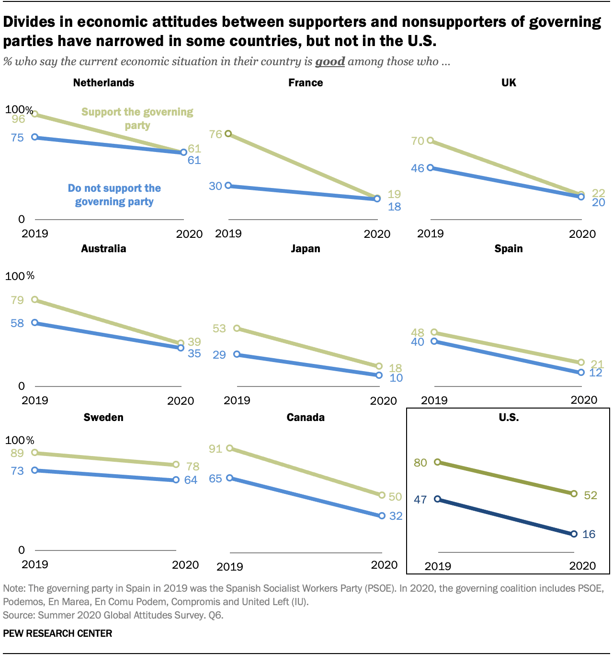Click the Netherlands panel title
[103, 82]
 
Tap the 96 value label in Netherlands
[18, 119]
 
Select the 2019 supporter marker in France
[228, 133]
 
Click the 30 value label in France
[216, 186]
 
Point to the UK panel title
[509, 82]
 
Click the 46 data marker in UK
[431, 167]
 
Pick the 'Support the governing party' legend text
[137, 118]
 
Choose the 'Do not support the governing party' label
[114, 195]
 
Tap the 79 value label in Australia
[17, 300]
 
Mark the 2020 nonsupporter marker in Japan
[379, 375]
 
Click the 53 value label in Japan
[219, 328]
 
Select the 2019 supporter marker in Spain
[434, 332]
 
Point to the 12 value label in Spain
[595, 373]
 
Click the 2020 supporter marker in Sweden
[176, 464]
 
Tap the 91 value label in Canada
[216, 449]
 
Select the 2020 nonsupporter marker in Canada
[382, 515]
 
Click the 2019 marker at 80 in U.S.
[437, 462]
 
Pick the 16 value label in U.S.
[589, 534]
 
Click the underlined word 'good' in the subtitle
[330, 61]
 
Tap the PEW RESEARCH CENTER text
[57, 633]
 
